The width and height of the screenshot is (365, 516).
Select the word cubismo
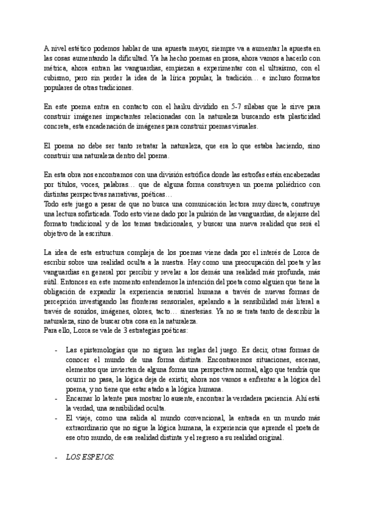(x=58, y=78)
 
